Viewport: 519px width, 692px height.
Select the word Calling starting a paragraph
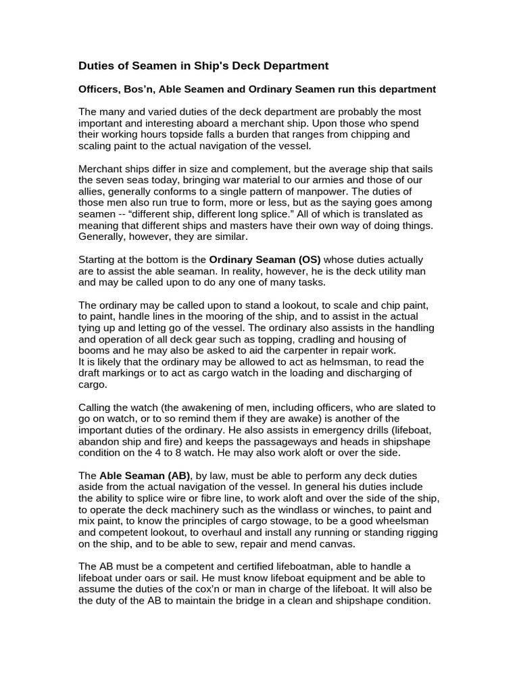tap(97, 407)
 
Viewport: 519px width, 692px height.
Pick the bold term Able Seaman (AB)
tap(145, 476)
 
